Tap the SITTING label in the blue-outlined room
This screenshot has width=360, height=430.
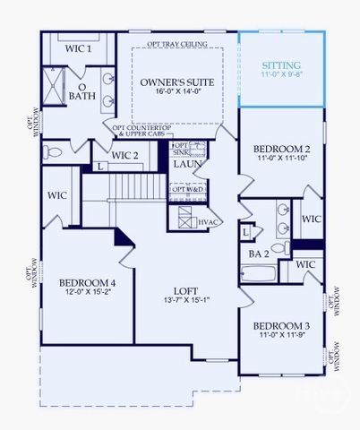[281, 66]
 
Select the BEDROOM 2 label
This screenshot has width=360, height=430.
[282, 149]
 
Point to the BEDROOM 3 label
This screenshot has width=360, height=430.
[281, 325]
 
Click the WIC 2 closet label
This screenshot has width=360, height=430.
[124, 156]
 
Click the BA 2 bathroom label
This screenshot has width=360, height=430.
[259, 254]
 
